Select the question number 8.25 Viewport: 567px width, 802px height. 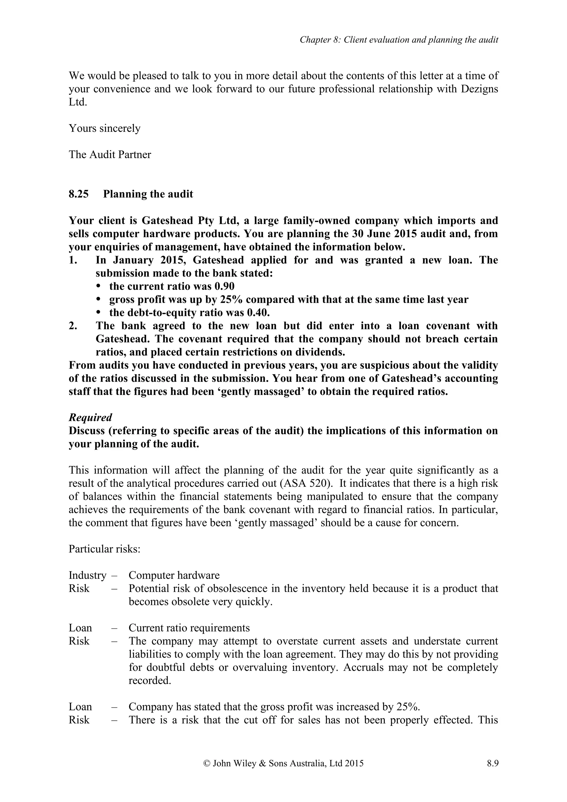point(79,194)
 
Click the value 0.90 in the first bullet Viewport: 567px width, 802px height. point(224,286)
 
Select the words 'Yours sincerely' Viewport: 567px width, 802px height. point(104,128)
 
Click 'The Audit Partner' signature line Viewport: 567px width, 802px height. point(110,154)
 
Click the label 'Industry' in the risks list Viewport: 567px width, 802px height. point(87,575)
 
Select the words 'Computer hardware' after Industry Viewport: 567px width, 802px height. point(174,575)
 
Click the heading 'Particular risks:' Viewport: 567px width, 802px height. point(104,549)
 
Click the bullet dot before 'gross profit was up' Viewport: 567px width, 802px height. point(99,300)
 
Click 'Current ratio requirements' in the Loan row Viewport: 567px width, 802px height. point(189,628)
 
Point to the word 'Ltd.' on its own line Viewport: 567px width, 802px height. point(78,102)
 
